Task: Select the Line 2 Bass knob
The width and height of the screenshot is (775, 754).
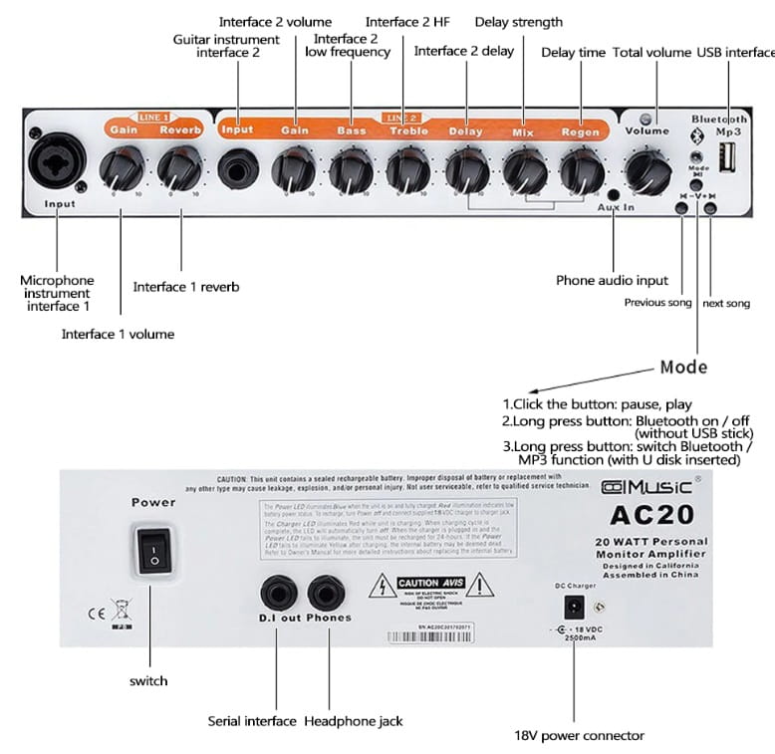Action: pos(351,169)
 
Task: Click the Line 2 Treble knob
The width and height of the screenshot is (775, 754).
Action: pos(407,169)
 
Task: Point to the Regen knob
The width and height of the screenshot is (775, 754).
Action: pos(581,169)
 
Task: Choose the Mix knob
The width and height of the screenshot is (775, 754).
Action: pos(524,169)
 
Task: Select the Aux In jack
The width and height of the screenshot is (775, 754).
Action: pos(614,194)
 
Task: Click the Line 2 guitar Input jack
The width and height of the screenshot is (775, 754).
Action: pos(238,168)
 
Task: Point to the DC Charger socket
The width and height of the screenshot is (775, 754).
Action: pos(574,605)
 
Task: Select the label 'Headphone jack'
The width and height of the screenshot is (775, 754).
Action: pos(353,720)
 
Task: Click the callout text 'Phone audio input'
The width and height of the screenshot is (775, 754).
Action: pos(612,281)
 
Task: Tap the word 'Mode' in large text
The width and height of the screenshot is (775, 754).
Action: pos(683,368)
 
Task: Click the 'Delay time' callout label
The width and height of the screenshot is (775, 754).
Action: pos(573,53)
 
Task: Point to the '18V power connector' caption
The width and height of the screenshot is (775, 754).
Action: pos(579,736)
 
